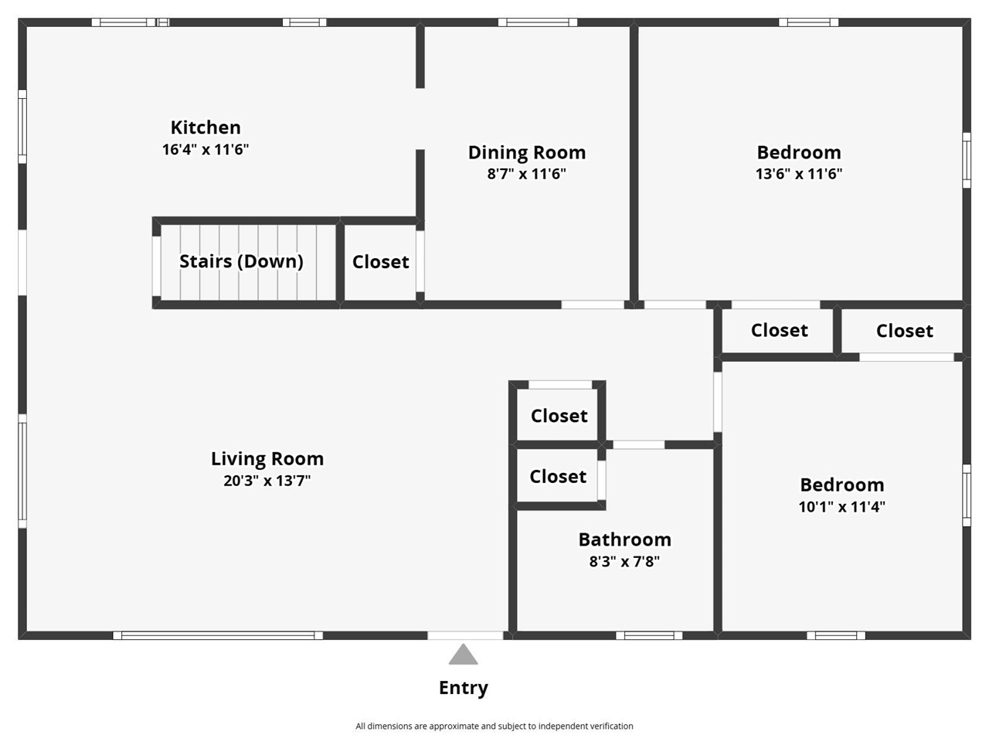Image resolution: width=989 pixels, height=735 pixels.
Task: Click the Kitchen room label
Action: pos(206,128)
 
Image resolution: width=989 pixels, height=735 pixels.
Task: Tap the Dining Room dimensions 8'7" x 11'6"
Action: pos(526,174)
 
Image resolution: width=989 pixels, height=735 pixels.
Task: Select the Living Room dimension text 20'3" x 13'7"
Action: pos(267,481)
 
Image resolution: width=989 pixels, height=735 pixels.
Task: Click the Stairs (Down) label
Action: pos(241,261)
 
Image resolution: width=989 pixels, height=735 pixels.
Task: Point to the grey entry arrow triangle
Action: pos(463,656)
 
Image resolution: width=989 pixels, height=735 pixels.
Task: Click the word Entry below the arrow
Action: pos(463,688)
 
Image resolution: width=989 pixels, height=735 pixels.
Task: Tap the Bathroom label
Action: pos(624,539)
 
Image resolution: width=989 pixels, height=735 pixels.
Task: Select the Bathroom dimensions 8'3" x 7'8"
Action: pos(624,562)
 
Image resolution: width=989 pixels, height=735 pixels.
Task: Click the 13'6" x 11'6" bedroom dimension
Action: pos(798,174)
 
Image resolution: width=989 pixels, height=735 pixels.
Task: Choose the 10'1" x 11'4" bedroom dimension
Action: pos(841,507)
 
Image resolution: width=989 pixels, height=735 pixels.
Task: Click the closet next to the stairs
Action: pos(380,262)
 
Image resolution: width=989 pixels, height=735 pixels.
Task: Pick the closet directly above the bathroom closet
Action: pos(559,416)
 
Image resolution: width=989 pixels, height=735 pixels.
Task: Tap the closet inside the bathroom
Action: pos(558,477)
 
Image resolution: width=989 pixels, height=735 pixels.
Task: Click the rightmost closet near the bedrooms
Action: pos(904,331)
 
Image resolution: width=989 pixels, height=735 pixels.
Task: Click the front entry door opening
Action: pos(465,635)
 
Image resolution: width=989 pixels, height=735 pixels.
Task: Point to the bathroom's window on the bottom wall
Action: pos(649,635)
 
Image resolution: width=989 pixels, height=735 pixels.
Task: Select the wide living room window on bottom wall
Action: pos(218,635)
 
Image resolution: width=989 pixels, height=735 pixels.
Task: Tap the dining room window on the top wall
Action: pos(537,22)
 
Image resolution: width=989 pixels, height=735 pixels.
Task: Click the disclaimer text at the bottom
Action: pos(494,726)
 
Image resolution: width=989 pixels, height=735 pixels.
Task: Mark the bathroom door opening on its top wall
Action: pos(638,445)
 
